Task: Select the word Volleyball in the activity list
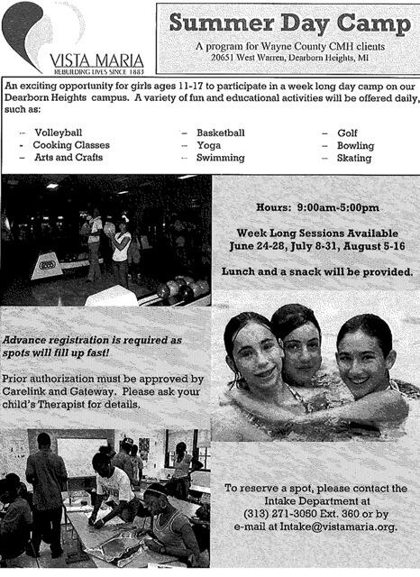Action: click(x=58, y=133)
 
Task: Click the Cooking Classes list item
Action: click(x=71, y=145)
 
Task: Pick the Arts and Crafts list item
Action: click(x=68, y=158)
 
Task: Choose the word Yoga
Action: click(x=208, y=145)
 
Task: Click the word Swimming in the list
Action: click(x=220, y=158)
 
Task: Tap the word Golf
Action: click(x=347, y=133)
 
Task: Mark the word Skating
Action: click(x=353, y=158)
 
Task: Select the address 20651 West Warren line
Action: click(x=288, y=56)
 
